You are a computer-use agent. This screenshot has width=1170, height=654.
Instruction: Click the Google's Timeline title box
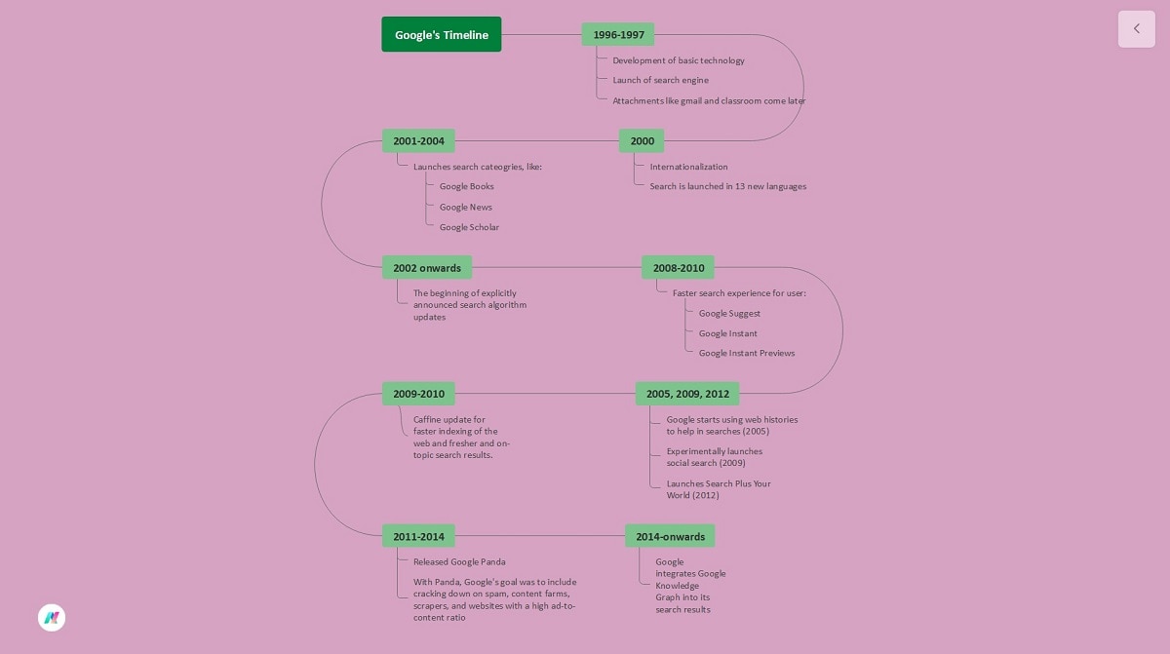(441, 34)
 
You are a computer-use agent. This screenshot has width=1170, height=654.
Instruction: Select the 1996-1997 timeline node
(618, 34)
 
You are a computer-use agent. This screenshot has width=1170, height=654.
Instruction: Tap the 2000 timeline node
(642, 141)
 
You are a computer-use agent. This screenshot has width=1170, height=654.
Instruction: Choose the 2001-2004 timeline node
(418, 141)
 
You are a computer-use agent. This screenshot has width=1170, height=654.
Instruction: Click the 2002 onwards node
(427, 268)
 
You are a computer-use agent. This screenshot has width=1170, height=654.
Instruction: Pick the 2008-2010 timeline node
(678, 268)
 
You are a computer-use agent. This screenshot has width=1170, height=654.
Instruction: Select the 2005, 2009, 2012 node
(687, 394)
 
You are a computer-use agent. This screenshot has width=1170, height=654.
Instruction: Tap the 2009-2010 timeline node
(418, 394)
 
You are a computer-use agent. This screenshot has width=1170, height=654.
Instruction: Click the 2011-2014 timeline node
(418, 536)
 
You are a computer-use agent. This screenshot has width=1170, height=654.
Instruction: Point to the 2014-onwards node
(670, 536)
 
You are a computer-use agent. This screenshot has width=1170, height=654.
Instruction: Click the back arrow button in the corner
(1136, 29)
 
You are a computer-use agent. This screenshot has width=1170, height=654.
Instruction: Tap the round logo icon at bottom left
(52, 617)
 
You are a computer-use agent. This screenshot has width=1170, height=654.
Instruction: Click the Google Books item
(466, 186)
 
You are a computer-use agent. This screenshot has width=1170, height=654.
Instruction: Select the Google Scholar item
(469, 227)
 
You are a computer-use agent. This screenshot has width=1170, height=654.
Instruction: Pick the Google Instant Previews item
(746, 353)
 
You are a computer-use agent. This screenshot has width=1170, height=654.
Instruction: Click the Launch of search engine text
(660, 80)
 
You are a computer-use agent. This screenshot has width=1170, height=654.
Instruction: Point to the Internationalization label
(688, 167)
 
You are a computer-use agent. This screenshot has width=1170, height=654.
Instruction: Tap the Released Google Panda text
(459, 561)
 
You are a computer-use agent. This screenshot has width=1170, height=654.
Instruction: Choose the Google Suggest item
(729, 313)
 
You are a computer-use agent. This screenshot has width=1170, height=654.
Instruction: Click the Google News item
(465, 207)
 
